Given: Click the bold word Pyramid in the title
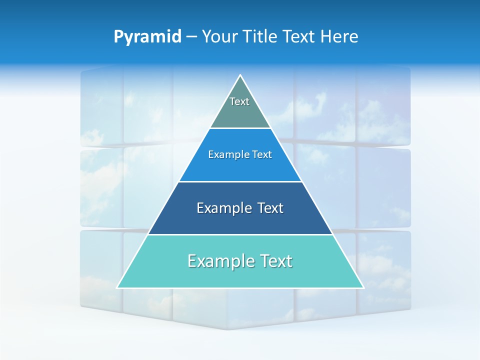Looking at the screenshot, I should click(147, 36).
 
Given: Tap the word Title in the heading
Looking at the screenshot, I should click(261, 36).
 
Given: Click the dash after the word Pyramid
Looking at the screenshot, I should click(191, 37).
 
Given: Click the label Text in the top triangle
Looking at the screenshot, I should click(239, 101).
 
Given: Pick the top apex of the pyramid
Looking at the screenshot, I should click(240, 75).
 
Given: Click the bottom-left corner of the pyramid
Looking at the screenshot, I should click(117, 287).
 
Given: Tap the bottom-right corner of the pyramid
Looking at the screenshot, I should click(363, 287).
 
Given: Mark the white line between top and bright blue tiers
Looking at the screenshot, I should click(240, 128).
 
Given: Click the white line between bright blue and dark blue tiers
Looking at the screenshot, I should click(240, 181).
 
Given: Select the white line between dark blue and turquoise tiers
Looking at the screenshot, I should click(240, 234).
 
